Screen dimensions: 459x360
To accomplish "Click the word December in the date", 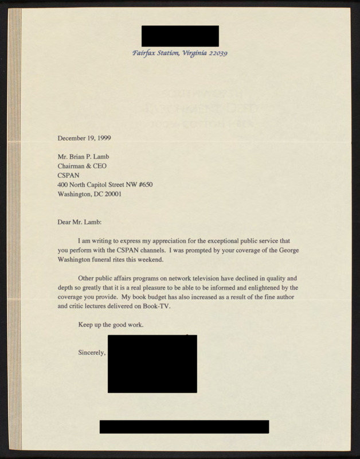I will pyautogui.click(x=72, y=138).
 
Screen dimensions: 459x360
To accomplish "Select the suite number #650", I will pyautogui.click(x=142, y=184).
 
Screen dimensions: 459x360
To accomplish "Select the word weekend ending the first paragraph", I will pyautogui.click(x=150, y=260).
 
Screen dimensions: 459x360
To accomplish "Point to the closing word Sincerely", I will pyautogui.click(x=92, y=352).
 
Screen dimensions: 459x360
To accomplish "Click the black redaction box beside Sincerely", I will pyautogui.click(x=152, y=364).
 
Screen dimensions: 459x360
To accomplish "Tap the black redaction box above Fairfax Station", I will pyautogui.click(x=179, y=36).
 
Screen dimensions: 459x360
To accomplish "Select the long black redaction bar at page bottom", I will pyautogui.click(x=184, y=426).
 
